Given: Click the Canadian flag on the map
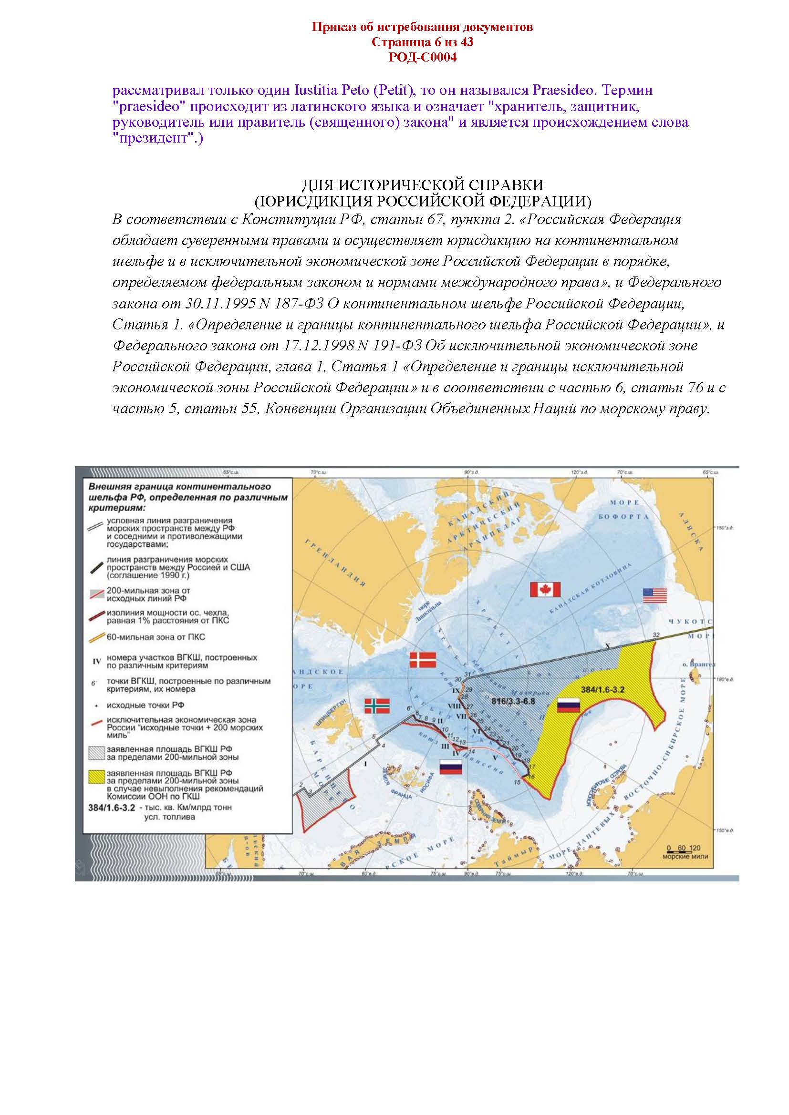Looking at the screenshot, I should (x=545, y=590).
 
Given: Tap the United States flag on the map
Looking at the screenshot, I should (x=655, y=595).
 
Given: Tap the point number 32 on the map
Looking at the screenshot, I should (x=656, y=635).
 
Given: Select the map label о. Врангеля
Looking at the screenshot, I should (x=698, y=665).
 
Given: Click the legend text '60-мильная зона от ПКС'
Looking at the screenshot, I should (x=153, y=637).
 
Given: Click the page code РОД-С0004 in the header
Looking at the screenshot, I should (x=422, y=58).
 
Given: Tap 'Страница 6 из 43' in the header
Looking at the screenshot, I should (x=422, y=42).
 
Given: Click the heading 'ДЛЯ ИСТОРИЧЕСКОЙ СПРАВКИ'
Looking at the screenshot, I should (x=422, y=185).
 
